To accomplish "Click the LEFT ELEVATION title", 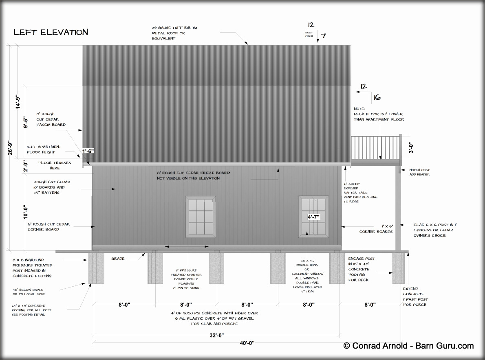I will click(51, 32).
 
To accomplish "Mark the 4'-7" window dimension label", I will click(314, 217).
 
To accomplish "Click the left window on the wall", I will click(201, 216).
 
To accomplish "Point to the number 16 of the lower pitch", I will click(377, 97).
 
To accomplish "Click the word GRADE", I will click(118, 259).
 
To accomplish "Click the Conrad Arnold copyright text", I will click(408, 346).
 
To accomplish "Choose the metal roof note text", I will click(169, 33).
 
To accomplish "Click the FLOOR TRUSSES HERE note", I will click(55, 165).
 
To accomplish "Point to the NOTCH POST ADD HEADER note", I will click(419, 172).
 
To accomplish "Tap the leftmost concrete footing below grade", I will click(96, 268).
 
